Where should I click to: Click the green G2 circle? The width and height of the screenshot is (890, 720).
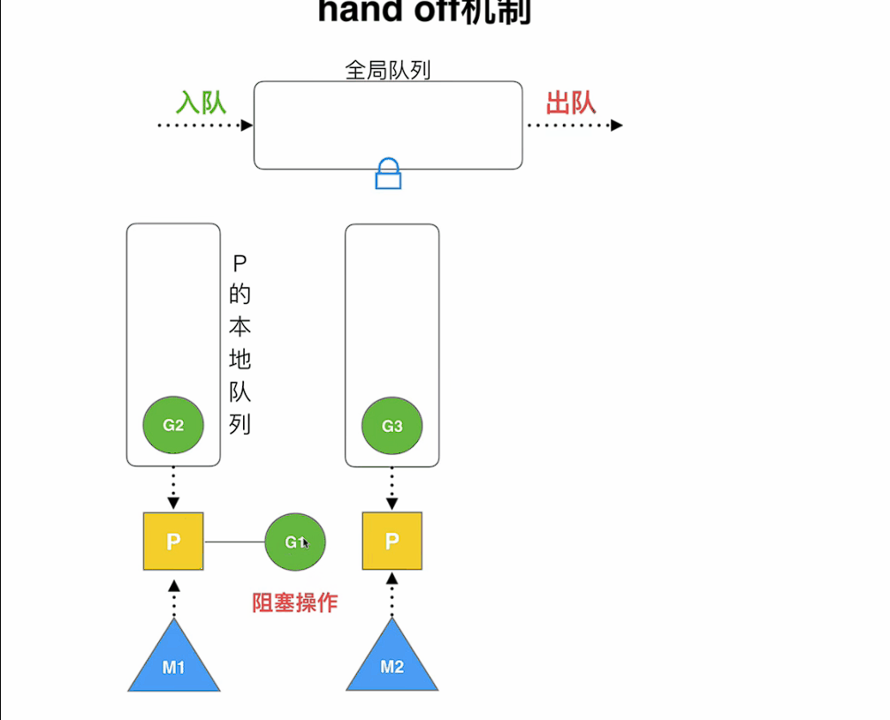click(x=173, y=425)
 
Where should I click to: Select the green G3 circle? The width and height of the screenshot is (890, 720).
click(x=392, y=426)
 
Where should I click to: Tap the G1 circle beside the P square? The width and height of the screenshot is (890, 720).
click(x=294, y=542)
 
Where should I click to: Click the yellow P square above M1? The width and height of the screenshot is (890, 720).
click(x=173, y=541)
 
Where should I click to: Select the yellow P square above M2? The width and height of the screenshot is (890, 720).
click(x=392, y=541)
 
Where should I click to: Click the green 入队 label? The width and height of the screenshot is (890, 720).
click(x=202, y=102)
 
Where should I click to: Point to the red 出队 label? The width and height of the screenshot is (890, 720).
click(x=570, y=102)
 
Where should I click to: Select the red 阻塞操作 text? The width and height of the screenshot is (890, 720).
click(x=295, y=603)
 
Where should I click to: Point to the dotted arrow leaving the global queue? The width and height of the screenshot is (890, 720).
click(x=574, y=125)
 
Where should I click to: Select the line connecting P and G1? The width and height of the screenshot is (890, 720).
click(x=234, y=542)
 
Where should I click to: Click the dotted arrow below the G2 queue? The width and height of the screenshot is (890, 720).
click(x=173, y=488)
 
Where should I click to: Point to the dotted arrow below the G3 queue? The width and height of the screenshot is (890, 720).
click(x=392, y=488)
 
